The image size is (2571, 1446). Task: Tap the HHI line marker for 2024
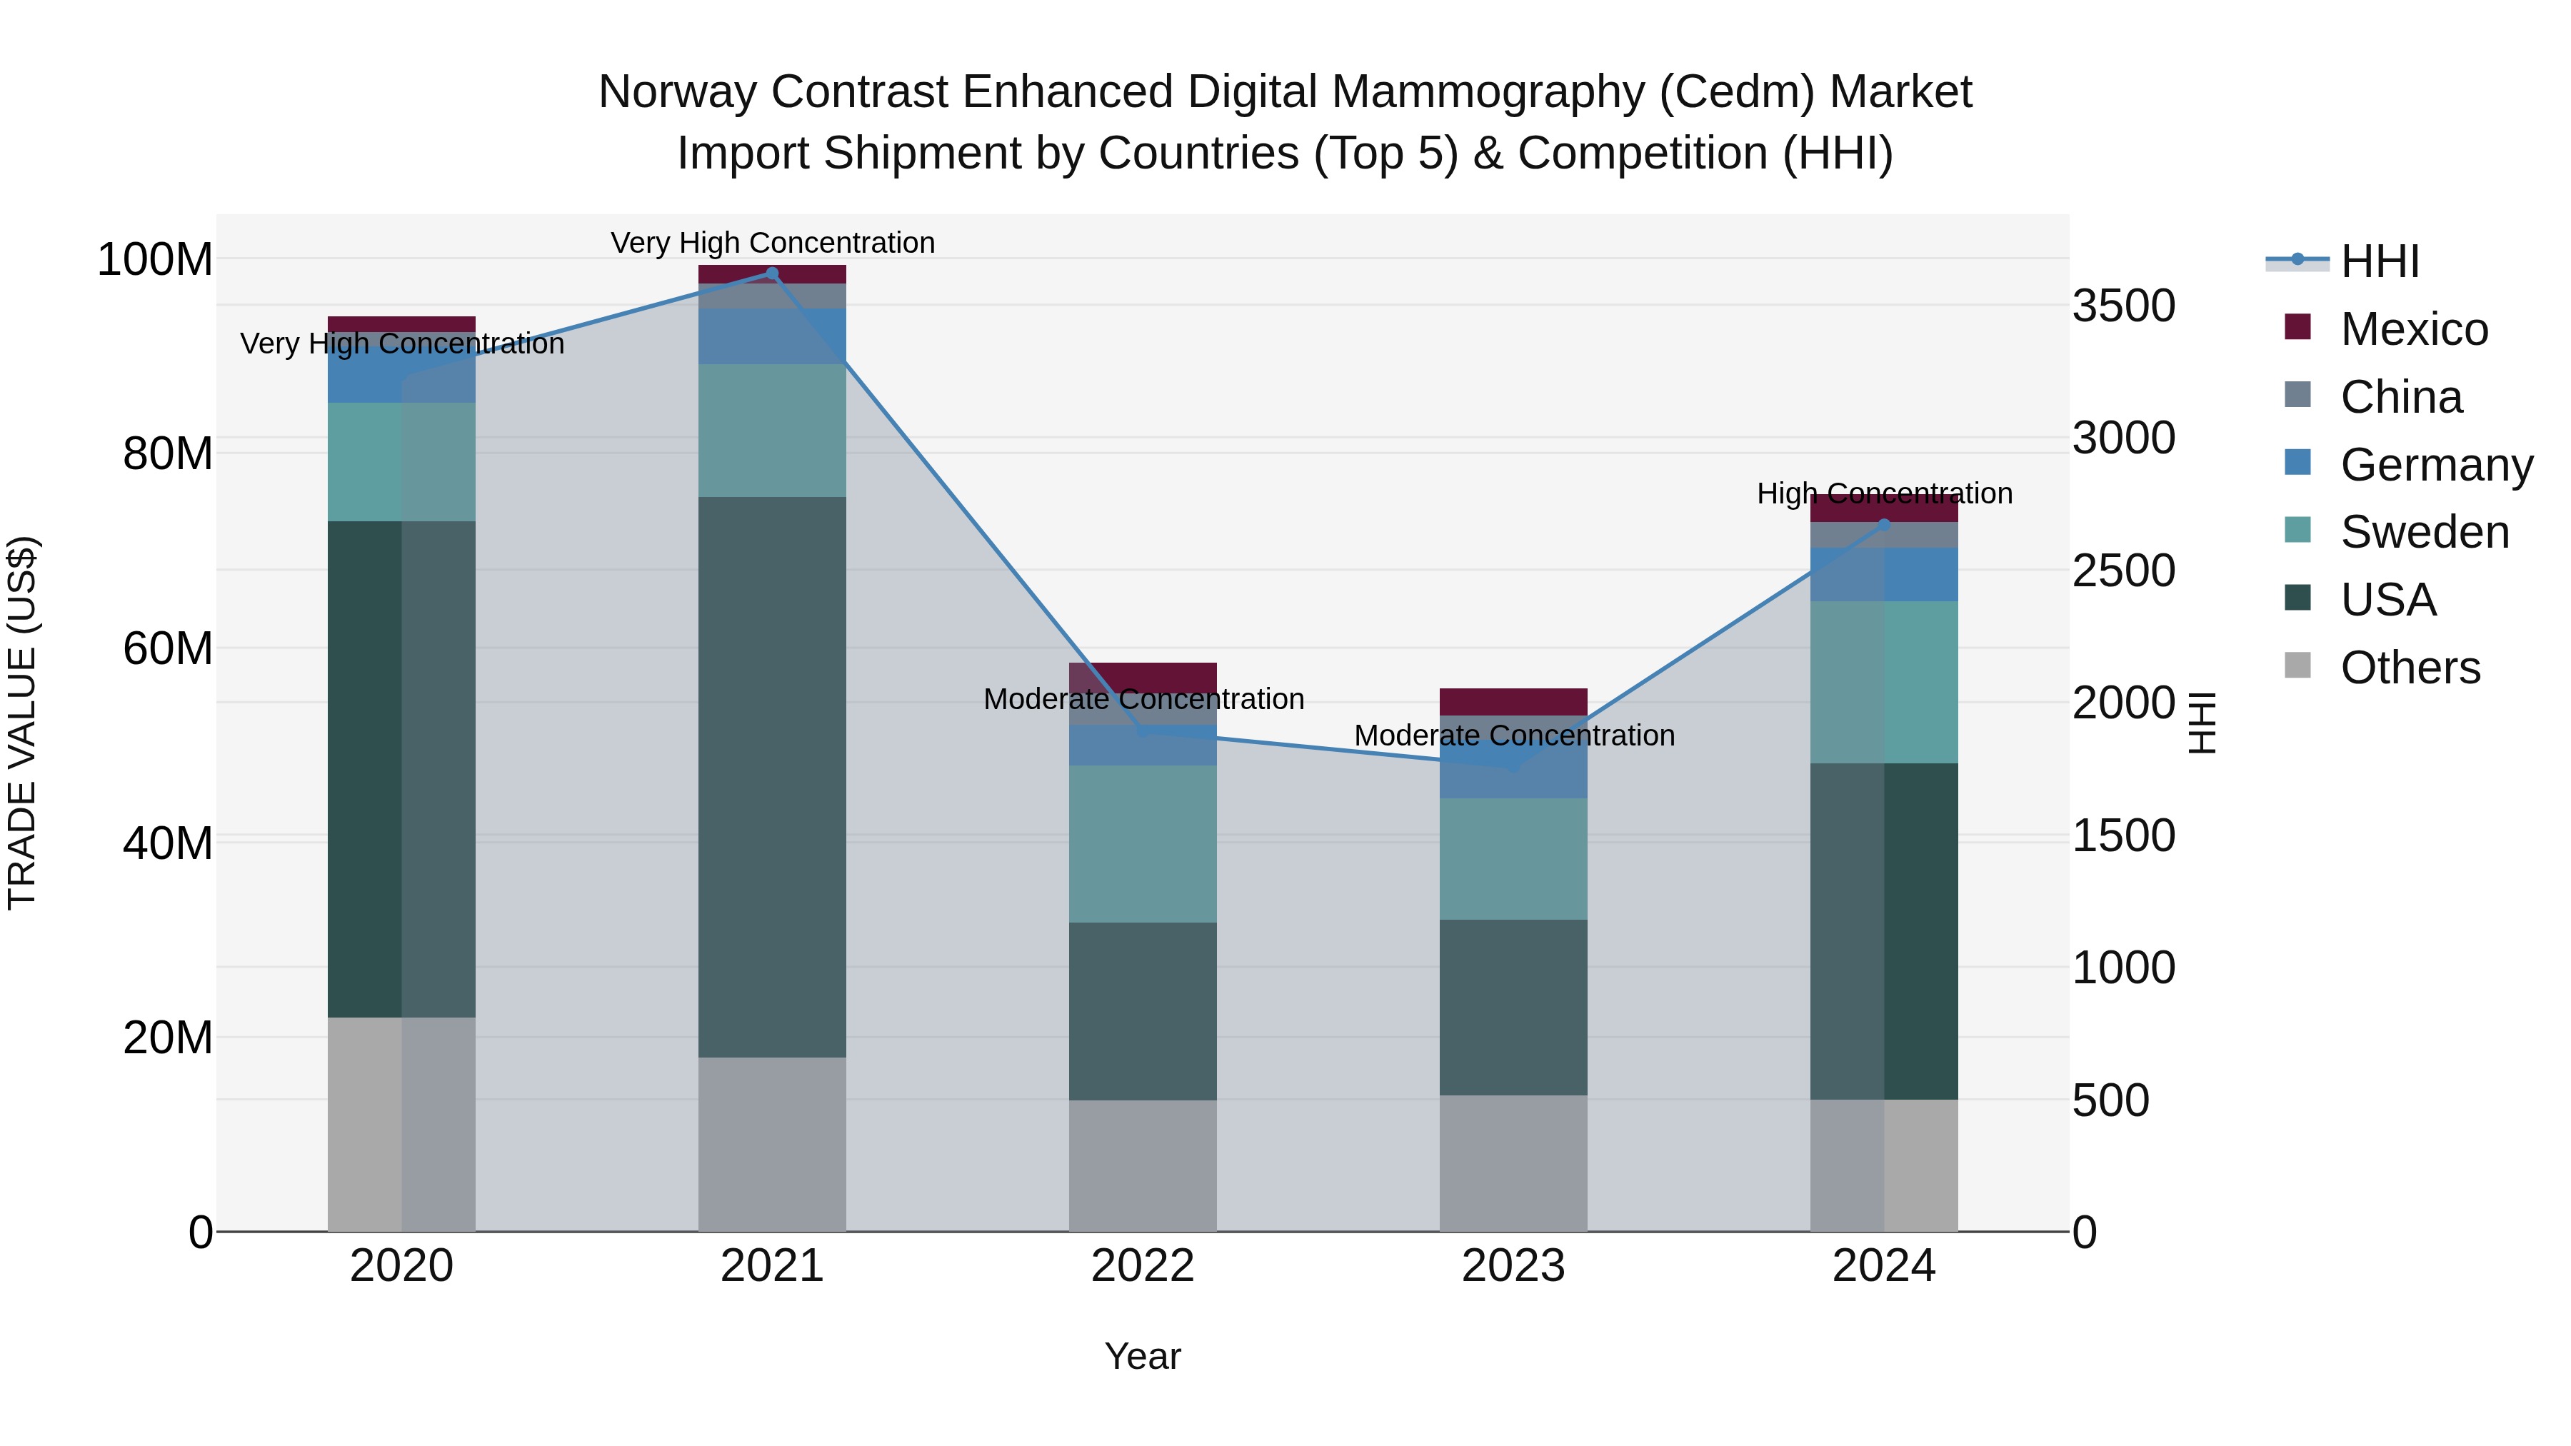[x=1885, y=524]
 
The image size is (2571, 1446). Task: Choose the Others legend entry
[x=2410, y=668]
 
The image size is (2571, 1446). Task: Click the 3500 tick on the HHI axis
[x=2123, y=306]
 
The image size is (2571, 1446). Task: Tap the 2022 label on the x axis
[x=1143, y=1266]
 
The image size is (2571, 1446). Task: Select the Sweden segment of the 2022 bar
[x=1143, y=843]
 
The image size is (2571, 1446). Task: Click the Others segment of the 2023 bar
[x=1513, y=1163]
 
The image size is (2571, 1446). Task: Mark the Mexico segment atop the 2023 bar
[x=1513, y=701]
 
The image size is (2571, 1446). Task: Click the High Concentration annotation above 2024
[x=1885, y=494]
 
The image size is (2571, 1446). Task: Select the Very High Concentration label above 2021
[x=773, y=243]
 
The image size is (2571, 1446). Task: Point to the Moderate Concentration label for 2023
[x=1514, y=735]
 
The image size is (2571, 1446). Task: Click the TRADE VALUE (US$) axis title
[x=22, y=723]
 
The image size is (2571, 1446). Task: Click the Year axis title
[x=1143, y=1356]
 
